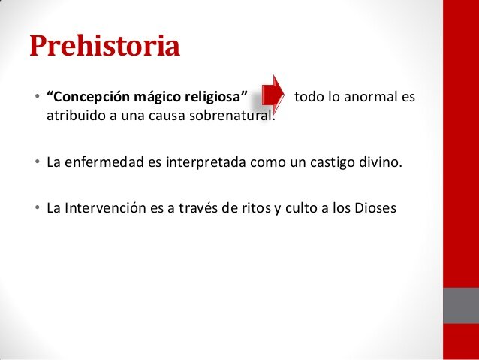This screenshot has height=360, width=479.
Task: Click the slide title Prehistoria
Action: (104, 47)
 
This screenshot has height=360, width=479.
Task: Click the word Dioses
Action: (372, 206)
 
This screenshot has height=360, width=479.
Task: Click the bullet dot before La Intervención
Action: (36, 207)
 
